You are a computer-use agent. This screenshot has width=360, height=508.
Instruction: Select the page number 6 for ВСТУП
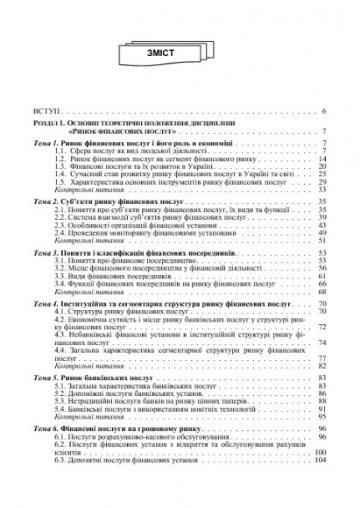[324, 114]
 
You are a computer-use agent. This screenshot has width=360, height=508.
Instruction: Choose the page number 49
[321, 234]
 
